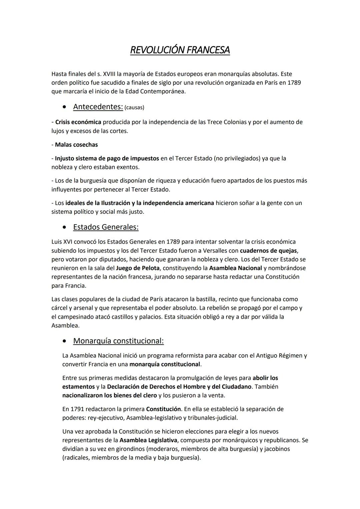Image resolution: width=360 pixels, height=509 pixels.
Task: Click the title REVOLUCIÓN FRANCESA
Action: (x=180, y=50)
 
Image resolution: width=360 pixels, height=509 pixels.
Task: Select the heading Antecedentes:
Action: (x=98, y=107)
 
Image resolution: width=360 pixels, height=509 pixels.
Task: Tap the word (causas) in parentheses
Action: (x=134, y=107)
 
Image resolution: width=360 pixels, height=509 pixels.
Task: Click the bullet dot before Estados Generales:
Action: (x=64, y=227)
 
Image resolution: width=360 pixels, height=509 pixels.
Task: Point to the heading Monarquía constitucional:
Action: (x=118, y=341)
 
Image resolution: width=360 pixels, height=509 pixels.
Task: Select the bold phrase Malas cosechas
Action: (x=76, y=145)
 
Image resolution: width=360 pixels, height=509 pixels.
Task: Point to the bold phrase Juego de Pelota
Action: (x=138, y=268)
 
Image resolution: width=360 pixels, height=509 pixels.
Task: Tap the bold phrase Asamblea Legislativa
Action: (x=148, y=440)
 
